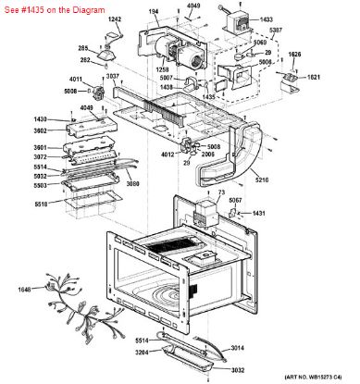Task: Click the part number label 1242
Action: (115, 19)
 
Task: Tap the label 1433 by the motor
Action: (266, 19)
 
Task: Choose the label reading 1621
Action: (314, 77)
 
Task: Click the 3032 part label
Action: (238, 368)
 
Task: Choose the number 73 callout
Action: (221, 192)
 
